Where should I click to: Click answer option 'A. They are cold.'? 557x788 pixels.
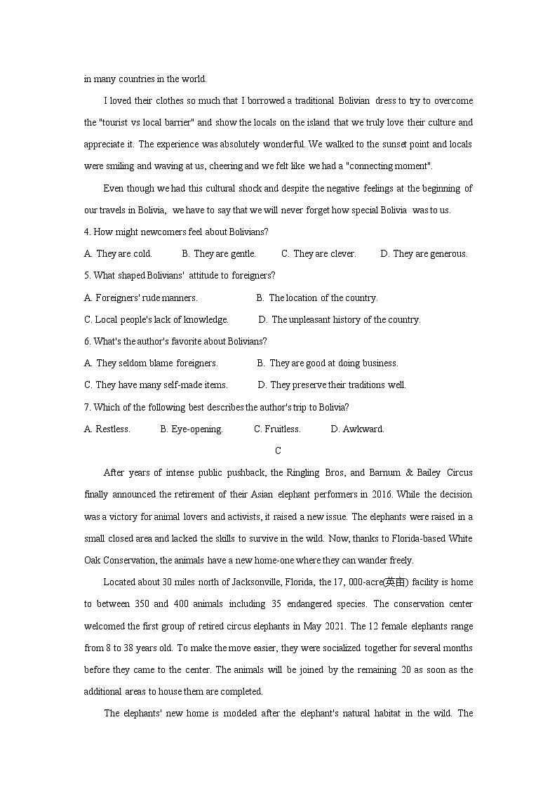pyautogui.click(x=118, y=254)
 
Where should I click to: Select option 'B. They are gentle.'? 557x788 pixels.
pyautogui.click(x=219, y=254)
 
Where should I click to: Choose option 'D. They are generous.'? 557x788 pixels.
pyautogui.click(x=424, y=254)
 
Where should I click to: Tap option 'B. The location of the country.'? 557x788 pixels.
pyautogui.click(x=317, y=298)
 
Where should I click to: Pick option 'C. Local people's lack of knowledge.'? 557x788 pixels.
pyautogui.click(x=156, y=320)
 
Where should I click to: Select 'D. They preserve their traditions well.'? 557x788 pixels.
pyautogui.click(x=332, y=385)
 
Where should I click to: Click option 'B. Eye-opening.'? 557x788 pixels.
pyautogui.click(x=192, y=429)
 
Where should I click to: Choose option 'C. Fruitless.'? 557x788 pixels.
pyautogui.click(x=277, y=429)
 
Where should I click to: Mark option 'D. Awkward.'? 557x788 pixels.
pyautogui.click(x=358, y=429)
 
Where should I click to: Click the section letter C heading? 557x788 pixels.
pyautogui.click(x=278, y=451)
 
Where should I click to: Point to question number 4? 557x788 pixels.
pyautogui.click(x=87, y=232)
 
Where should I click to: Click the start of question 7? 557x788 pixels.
pyautogui.click(x=87, y=408)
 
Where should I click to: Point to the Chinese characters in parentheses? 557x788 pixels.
pyautogui.click(x=395, y=582)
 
